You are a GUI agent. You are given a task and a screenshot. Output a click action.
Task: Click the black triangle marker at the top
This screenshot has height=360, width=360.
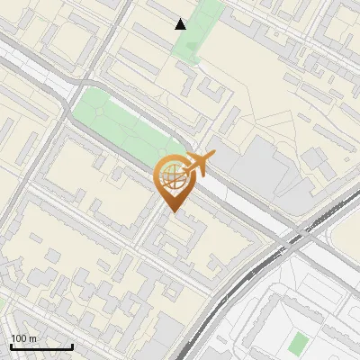pyautogui.click(x=181, y=24)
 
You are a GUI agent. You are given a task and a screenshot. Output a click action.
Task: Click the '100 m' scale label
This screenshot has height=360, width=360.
pyautogui.click(x=23, y=338)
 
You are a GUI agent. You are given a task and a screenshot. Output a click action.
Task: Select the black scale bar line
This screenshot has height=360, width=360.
pyautogui.click(x=41, y=346)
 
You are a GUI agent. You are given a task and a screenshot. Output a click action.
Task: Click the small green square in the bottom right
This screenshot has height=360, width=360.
pyautogui.click(x=298, y=342)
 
